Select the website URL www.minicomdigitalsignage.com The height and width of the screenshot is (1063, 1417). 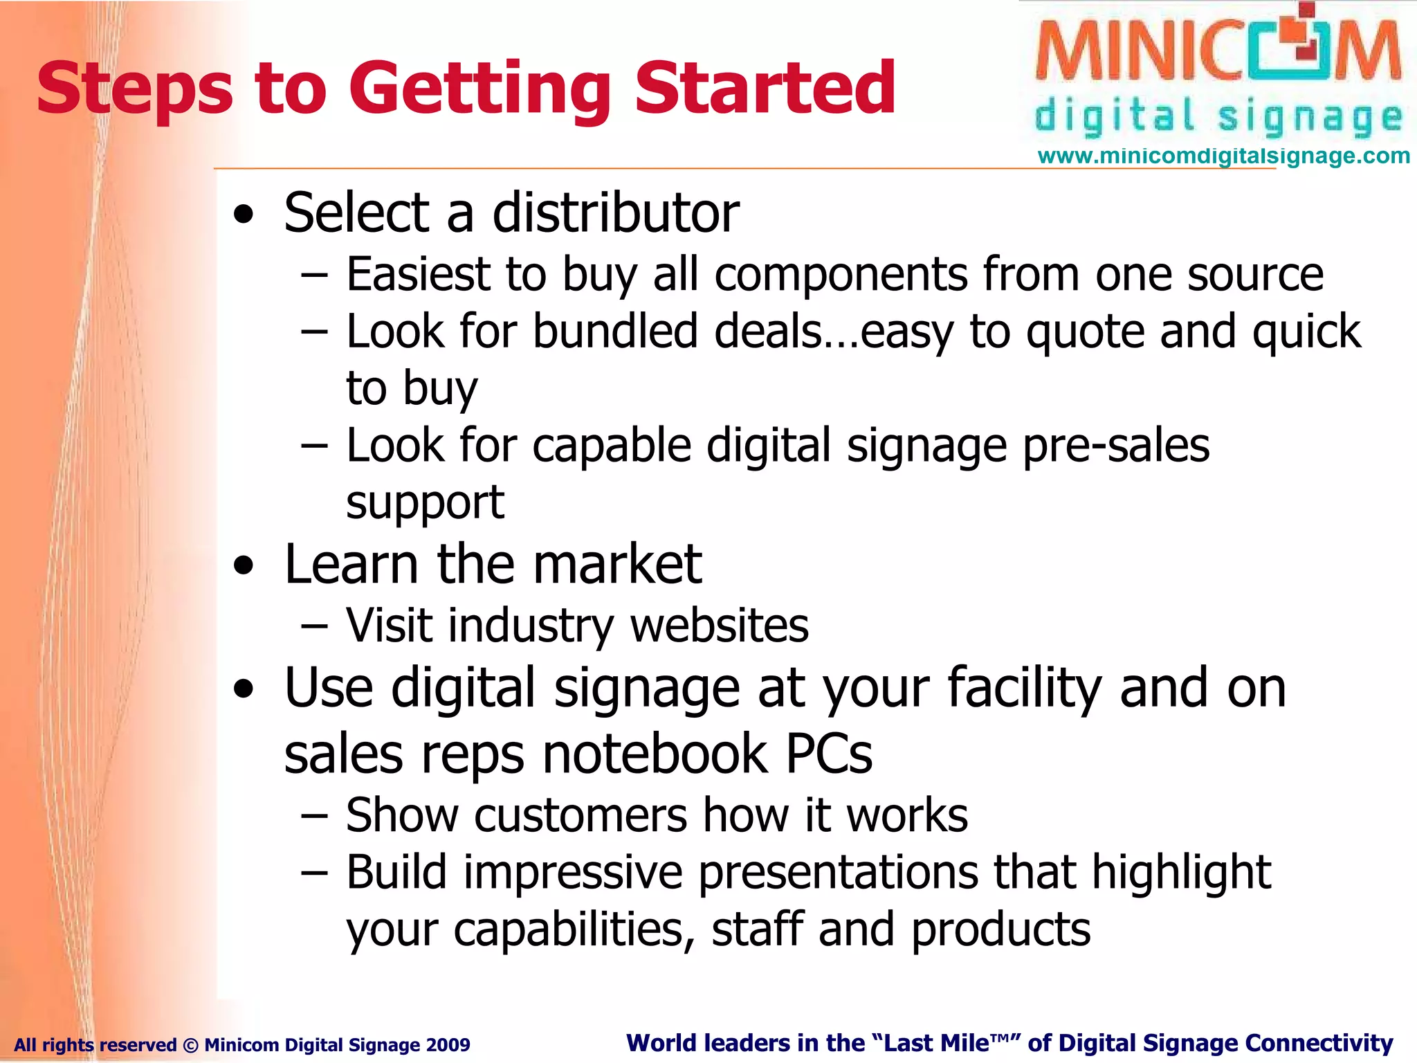pos(1223,156)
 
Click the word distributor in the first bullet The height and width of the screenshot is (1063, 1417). pos(615,212)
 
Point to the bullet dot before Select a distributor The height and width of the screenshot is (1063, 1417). pos(243,215)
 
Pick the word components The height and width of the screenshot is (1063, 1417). pos(840,275)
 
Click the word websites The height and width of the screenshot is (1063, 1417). pos(719,626)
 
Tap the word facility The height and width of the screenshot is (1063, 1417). pos(1024,689)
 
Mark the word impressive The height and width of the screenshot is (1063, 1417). pos(573,872)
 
